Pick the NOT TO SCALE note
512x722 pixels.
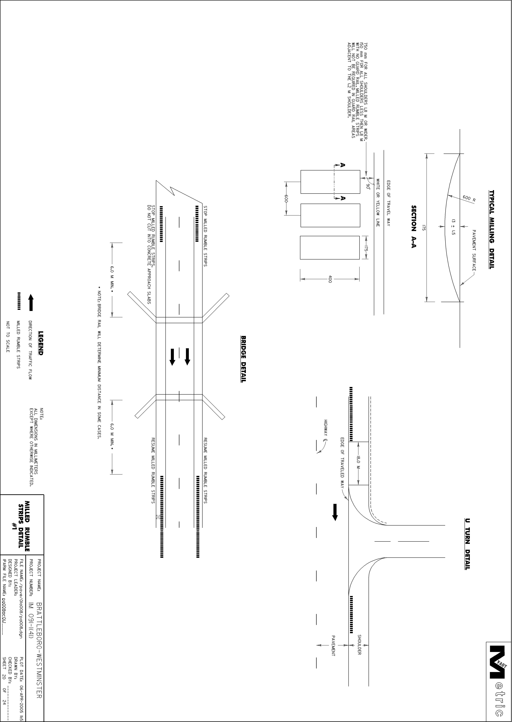pyautogui.click(x=8, y=337)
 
